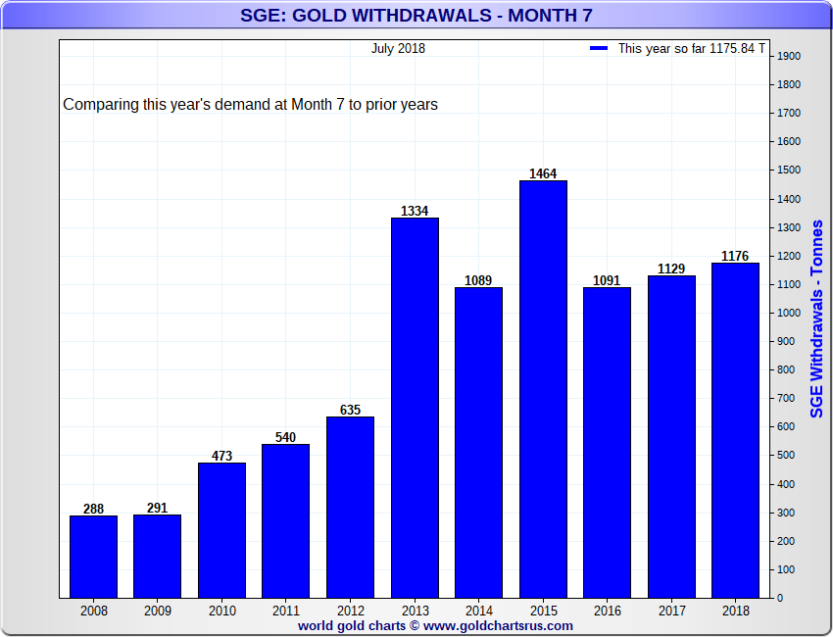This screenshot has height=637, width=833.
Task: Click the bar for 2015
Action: (543, 389)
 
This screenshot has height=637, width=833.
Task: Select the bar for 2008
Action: (93, 557)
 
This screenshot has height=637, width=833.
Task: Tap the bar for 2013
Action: (415, 408)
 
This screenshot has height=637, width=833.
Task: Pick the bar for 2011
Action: (285, 520)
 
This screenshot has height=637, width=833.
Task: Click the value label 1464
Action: (543, 174)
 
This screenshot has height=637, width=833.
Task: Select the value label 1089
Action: (478, 281)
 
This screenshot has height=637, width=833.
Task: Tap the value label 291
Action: (157, 509)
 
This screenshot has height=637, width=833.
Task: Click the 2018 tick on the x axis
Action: (735, 610)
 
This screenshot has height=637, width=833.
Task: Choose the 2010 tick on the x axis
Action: (221, 610)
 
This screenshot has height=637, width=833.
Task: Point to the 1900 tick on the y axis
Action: (789, 56)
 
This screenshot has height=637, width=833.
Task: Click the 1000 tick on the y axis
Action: (789, 313)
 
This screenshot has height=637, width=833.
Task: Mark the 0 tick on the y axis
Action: (780, 598)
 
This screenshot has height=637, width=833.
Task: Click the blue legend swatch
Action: (599, 48)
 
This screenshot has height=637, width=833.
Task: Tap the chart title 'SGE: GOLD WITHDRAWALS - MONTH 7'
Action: (416, 15)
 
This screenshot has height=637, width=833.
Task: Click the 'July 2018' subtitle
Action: (398, 48)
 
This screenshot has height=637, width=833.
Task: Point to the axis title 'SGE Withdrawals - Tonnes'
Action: (817, 318)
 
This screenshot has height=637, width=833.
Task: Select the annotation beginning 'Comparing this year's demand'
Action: (250, 104)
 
